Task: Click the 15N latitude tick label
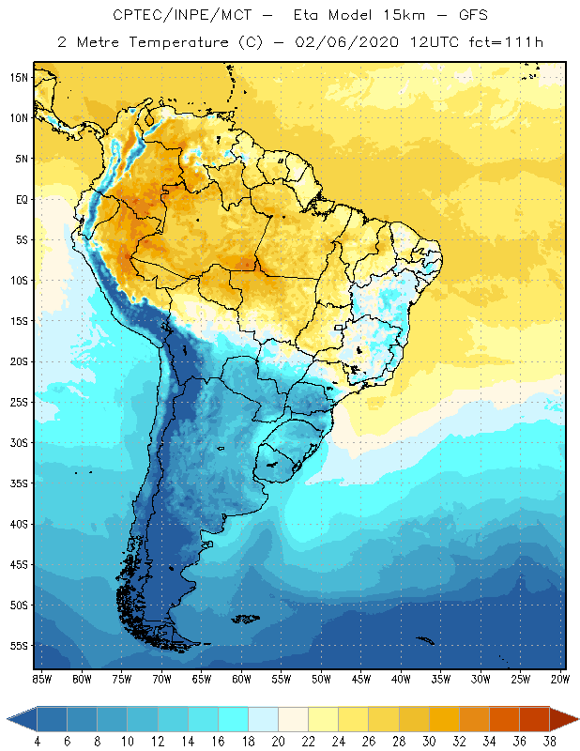(18, 77)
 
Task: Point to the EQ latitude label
(18, 199)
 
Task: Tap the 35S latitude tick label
(18, 483)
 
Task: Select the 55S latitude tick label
(18, 645)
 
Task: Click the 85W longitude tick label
(41, 678)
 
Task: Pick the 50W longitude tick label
(321, 678)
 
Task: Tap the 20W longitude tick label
(560, 678)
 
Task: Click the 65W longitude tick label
(201, 678)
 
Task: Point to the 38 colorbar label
(549, 742)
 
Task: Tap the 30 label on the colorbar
(428, 742)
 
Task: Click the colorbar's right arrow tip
(577, 719)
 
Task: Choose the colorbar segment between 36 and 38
(534, 719)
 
